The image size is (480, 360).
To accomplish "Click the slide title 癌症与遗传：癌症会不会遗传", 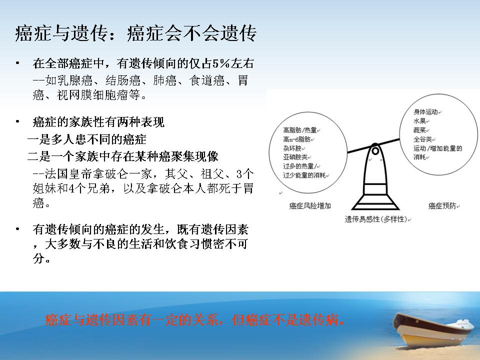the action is pos(135,33).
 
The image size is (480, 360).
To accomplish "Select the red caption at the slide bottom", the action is pos(195,320).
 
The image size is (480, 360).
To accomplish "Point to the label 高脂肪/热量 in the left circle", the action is pos(300,130).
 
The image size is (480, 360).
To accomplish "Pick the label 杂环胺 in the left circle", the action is pos(292,148).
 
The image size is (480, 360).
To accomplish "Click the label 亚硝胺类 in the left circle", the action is pos(295,157).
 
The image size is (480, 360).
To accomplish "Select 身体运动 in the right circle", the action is pos(426,112).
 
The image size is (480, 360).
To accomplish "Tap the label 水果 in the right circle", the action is pos(419,121).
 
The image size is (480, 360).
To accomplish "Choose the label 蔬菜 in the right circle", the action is pos(419,130).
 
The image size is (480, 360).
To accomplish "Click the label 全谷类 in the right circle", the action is pos(423,139).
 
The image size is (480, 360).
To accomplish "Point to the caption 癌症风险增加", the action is pos(310,205).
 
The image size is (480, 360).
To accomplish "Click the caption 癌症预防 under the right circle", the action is pos(442,206).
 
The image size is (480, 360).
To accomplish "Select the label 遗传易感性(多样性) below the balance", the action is pos(376,219).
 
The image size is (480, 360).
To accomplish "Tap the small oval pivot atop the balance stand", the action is pos(375,151).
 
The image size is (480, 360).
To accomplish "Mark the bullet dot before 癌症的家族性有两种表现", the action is pos(18,122).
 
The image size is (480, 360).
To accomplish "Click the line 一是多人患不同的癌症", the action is pos(87,139).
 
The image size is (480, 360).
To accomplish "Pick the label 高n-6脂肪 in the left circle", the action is pos(297,139).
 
